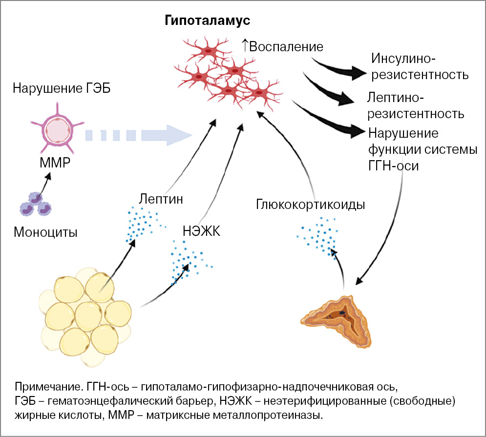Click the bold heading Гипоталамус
(x=207, y=21)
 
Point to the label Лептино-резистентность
(x=415, y=106)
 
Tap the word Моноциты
(x=45, y=231)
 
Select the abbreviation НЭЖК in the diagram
(x=202, y=230)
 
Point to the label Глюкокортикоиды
(x=310, y=204)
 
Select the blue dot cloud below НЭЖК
(x=188, y=261)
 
